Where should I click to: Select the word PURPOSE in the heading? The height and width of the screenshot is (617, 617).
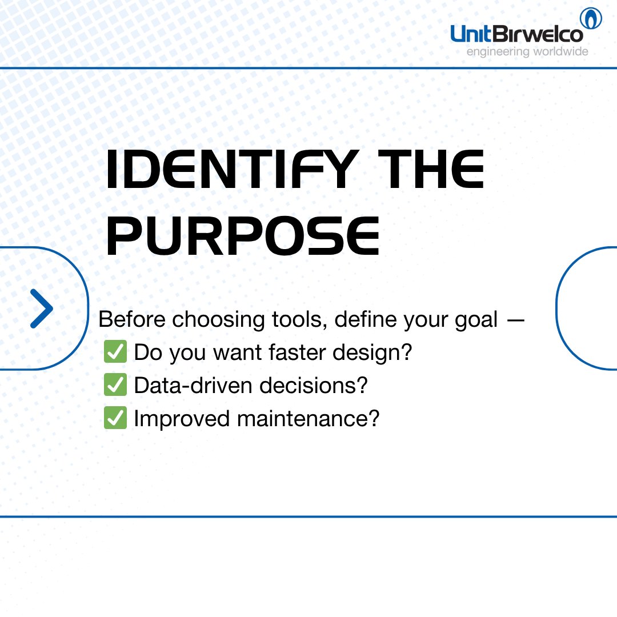pos(243,235)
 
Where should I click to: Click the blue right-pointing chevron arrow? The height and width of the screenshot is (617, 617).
pos(41,308)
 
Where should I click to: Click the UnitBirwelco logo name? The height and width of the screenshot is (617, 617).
pos(517,34)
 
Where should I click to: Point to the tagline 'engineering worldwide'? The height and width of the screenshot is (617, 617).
pos(527,52)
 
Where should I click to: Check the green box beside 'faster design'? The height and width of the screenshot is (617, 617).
pos(115,352)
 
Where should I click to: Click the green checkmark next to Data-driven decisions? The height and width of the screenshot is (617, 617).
pos(115,386)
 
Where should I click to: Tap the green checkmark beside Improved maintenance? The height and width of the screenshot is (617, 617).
pos(115,419)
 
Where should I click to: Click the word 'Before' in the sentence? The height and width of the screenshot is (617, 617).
pos(133,320)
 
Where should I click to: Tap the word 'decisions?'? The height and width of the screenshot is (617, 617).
pos(310,386)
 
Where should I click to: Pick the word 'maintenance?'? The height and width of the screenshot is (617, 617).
pos(308,419)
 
